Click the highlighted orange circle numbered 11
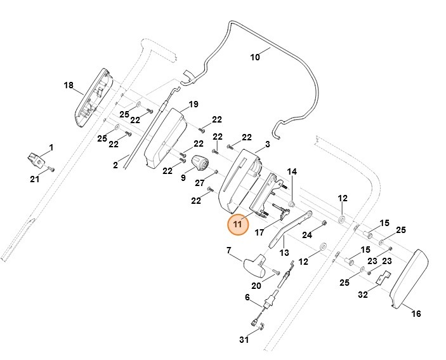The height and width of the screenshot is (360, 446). [238, 225]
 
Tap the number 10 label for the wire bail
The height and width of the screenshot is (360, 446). [255, 57]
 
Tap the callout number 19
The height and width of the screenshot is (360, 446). [193, 104]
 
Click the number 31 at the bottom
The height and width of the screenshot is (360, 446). [244, 340]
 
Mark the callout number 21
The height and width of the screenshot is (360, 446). [34, 180]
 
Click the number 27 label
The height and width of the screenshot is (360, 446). [200, 183]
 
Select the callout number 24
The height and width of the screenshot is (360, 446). [325, 236]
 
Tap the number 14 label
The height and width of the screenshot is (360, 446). [292, 172]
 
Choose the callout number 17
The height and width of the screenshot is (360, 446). [259, 232]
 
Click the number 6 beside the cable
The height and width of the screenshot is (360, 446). [247, 298]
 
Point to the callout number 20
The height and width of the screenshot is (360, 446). [256, 286]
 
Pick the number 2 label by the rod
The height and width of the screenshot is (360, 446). [115, 166]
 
